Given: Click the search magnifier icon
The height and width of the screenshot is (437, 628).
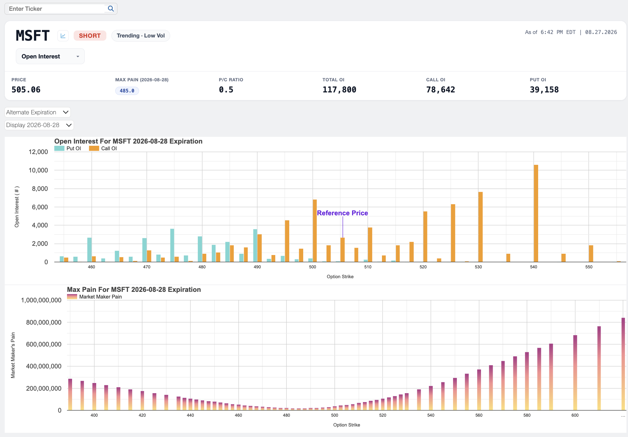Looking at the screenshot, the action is point(111,9).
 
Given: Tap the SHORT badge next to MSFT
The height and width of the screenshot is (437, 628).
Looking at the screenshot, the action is point(90,36).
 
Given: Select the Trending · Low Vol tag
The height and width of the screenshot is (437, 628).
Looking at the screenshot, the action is point(141,36).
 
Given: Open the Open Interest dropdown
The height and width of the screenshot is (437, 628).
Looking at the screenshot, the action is point(50,56).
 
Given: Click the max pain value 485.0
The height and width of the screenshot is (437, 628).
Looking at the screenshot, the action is point(127,91).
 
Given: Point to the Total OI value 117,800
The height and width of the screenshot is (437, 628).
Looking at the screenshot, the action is point(339,90).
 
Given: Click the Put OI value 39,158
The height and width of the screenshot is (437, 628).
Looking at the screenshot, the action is point(544,90).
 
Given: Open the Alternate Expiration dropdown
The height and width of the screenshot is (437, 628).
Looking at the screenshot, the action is point(37,112).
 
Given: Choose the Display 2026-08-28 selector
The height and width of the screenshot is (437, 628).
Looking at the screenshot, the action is point(39,125).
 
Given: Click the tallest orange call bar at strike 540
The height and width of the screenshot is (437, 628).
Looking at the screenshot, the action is point(536,213).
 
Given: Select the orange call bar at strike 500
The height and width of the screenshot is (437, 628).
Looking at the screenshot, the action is point(315,231).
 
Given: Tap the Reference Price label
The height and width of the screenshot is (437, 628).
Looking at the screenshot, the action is point(342,213).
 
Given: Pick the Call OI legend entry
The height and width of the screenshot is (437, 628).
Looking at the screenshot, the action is point(103,148).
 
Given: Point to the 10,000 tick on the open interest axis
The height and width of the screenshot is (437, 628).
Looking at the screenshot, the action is point(38,170).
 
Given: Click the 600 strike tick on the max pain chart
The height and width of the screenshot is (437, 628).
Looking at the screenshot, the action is point(575,415).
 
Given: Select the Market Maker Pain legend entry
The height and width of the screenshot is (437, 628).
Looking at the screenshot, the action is point(95,297).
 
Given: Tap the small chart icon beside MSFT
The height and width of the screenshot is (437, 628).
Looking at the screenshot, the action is point(63,36).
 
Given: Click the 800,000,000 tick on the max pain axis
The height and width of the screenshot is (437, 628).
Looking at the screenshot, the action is point(44,322).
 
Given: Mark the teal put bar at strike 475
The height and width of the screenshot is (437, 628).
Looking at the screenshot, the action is point(172,245).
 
